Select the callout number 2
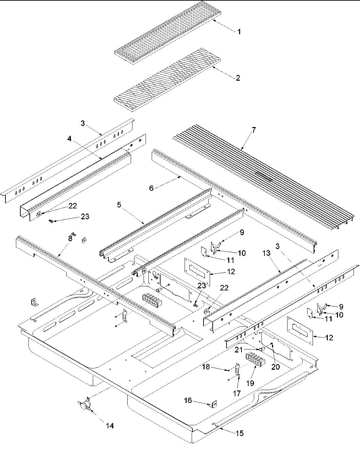(x=238, y=78)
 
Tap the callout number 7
(x=254, y=129)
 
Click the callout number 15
(x=239, y=433)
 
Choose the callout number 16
(x=188, y=401)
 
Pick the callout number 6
(x=151, y=188)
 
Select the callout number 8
(x=70, y=238)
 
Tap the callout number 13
(x=266, y=253)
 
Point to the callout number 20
(x=275, y=367)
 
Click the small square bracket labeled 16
(x=214, y=404)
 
